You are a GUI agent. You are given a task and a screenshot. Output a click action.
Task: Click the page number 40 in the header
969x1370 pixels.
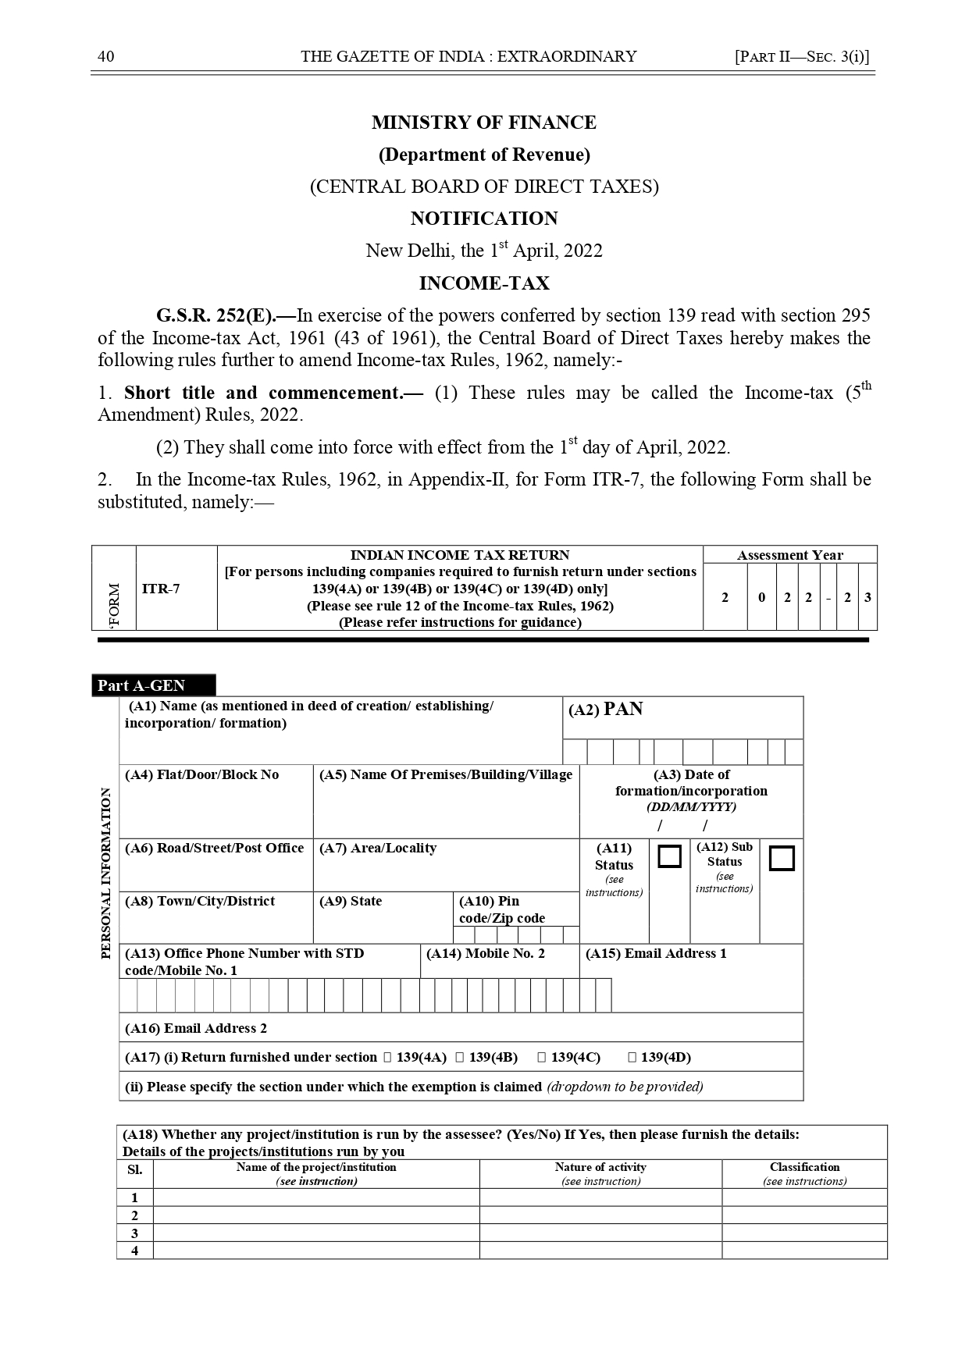pos(105,56)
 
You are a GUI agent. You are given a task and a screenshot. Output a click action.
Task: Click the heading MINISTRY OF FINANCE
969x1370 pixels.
pos(483,123)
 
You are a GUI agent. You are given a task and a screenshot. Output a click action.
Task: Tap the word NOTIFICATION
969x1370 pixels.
pos(484,219)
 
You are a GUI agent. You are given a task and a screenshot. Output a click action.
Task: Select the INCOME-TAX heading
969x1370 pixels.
pos(484,283)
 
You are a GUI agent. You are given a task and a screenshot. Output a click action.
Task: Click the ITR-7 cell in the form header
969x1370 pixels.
pos(161,589)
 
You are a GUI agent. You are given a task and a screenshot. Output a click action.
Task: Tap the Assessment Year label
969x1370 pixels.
pos(789,555)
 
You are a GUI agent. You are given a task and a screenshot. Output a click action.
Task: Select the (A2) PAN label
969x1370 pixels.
pos(606,710)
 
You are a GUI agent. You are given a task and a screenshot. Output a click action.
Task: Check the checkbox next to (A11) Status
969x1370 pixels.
pos(669,856)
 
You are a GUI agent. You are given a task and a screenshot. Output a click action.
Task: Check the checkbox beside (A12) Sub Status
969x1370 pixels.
pos(782,858)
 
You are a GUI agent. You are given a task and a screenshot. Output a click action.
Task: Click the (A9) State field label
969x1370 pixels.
pos(351,901)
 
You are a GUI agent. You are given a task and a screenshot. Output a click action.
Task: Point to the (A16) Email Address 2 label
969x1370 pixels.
pos(196,1028)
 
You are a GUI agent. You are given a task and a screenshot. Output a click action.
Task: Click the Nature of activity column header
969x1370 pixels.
pos(600,1167)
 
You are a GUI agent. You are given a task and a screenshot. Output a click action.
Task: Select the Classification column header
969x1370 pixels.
pos(804,1167)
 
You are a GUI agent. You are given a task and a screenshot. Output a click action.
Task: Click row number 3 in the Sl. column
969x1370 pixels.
pos(135,1233)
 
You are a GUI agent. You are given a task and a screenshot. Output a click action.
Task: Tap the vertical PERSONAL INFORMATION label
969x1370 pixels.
pos(106,873)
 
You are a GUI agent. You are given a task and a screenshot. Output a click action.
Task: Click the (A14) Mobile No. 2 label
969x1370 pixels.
pos(486,953)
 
